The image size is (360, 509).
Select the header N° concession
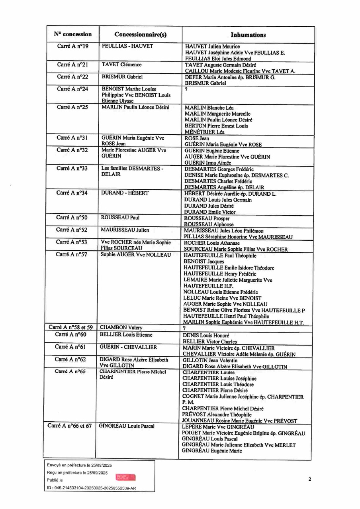click(72, 34)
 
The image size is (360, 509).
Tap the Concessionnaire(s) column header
click(140, 35)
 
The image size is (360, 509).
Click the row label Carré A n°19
click(72, 46)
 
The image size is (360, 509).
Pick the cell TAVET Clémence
click(121, 64)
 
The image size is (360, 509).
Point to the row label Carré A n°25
click(72, 108)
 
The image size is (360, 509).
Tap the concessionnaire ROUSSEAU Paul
click(120, 218)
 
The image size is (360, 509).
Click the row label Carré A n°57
click(72, 254)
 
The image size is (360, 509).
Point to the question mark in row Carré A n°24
click(186, 89)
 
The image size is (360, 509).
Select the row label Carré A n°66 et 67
click(70, 426)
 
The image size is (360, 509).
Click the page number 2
click(309, 480)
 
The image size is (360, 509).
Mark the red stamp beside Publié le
click(125, 477)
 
